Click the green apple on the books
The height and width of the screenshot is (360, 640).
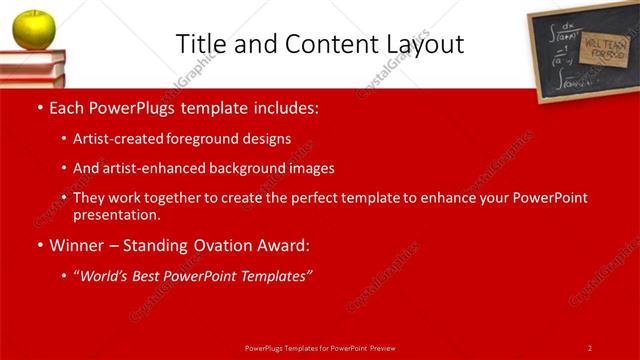click(x=33, y=29)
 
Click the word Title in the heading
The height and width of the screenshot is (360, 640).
click(x=199, y=44)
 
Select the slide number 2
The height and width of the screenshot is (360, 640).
click(x=590, y=347)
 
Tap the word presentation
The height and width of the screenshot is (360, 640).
click(x=115, y=214)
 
